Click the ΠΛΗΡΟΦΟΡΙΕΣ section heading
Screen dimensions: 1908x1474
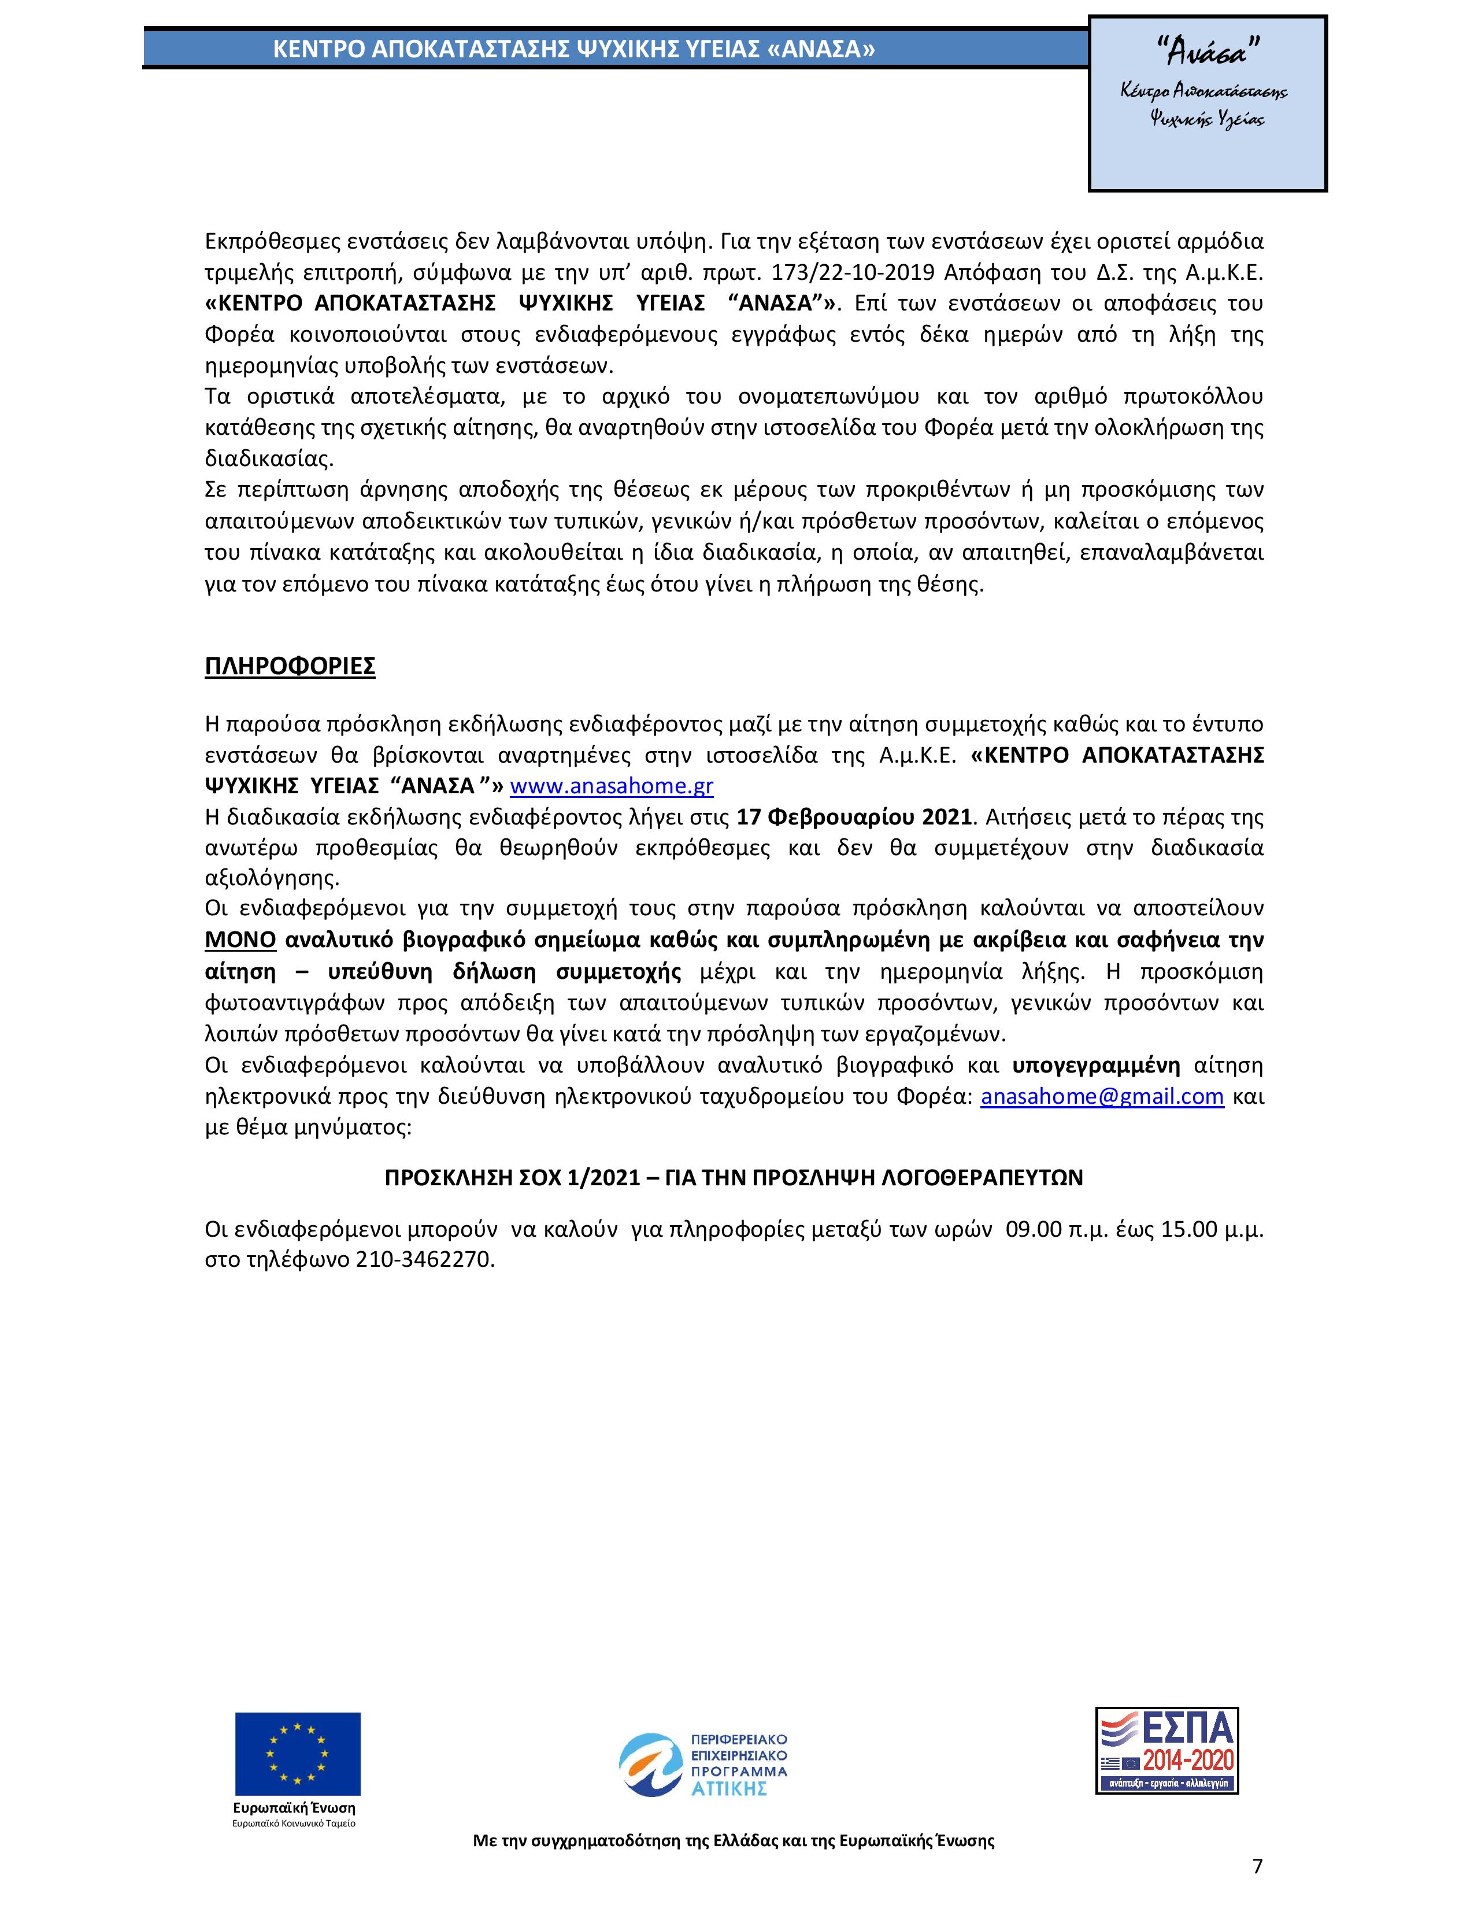[x=290, y=667]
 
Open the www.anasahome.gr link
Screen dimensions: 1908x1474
[x=611, y=786]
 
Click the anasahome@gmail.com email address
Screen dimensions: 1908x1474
[x=1102, y=1097]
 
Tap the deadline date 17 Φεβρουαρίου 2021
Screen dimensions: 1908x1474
[x=854, y=818]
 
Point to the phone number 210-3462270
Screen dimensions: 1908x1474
[x=425, y=1260]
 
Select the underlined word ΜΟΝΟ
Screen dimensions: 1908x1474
[x=240, y=940]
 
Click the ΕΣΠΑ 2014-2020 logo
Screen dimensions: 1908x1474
[x=1166, y=1752]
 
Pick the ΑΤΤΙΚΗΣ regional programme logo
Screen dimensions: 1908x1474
[x=703, y=1763]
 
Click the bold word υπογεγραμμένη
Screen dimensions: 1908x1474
[x=1097, y=1066]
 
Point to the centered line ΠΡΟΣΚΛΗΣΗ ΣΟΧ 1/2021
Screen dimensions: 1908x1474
[x=734, y=1178]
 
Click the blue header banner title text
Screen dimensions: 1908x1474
[x=574, y=50]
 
